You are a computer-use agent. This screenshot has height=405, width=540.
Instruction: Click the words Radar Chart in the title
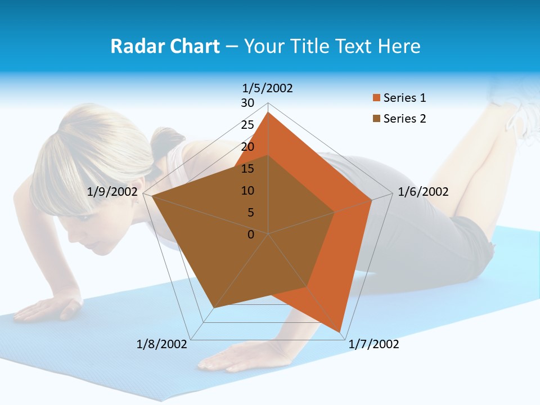pyautogui.click(x=164, y=46)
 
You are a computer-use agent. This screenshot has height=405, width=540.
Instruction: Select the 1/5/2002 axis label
pyautogui.click(x=268, y=88)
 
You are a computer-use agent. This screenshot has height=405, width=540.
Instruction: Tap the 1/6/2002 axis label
pyautogui.click(x=423, y=192)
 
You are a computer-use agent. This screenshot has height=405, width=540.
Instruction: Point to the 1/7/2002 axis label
pyautogui.click(x=373, y=344)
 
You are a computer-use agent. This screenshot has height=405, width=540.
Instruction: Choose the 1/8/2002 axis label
pyautogui.click(x=162, y=344)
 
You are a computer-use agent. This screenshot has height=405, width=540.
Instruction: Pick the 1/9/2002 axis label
pyautogui.click(x=112, y=192)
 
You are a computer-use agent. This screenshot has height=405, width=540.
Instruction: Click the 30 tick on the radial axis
pyautogui.click(x=247, y=103)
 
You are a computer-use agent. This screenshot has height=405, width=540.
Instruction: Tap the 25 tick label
pyautogui.click(x=247, y=125)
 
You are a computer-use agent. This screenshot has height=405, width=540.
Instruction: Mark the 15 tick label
pyautogui.click(x=247, y=169)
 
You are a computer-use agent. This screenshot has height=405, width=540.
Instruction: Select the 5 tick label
pyautogui.click(x=250, y=213)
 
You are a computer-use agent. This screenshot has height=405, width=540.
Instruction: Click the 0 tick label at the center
pyautogui.click(x=251, y=235)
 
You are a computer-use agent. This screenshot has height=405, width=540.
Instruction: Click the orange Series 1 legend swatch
pyautogui.click(x=376, y=98)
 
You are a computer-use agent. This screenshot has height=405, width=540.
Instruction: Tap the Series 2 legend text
pyautogui.click(x=404, y=119)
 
